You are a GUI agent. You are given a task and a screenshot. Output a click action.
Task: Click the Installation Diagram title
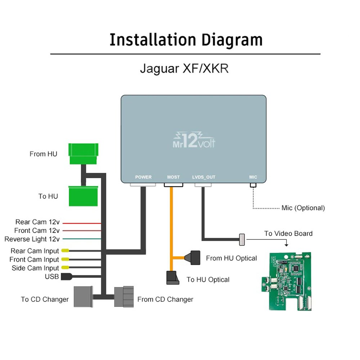(x=186, y=40)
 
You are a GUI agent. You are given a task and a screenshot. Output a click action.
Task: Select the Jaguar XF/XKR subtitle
(x=184, y=68)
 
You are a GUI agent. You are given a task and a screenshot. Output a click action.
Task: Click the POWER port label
(x=143, y=177)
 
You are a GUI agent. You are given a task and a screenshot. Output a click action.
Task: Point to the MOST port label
(x=173, y=177)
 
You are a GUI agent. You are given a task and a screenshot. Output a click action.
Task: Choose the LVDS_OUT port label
(x=203, y=177)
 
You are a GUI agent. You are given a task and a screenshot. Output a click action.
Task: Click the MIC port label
(x=253, y=177)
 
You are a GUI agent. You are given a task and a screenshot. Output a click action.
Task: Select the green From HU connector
(x=83, y=154)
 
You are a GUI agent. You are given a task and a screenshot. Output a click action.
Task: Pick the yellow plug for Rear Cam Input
(x=65, y=251)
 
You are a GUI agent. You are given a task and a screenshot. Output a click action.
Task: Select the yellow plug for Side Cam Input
(x=65, y=268)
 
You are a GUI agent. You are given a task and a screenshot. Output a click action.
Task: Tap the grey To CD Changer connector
(x=83, y=297)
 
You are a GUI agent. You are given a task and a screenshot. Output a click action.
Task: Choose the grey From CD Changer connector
(x=124, y=297)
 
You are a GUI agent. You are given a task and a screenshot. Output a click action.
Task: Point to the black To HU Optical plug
(x=173, y=278)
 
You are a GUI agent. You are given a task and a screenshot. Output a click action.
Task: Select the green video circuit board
(x=286, y=281)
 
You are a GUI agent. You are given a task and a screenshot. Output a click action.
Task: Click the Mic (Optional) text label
(x=303, y=208)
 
